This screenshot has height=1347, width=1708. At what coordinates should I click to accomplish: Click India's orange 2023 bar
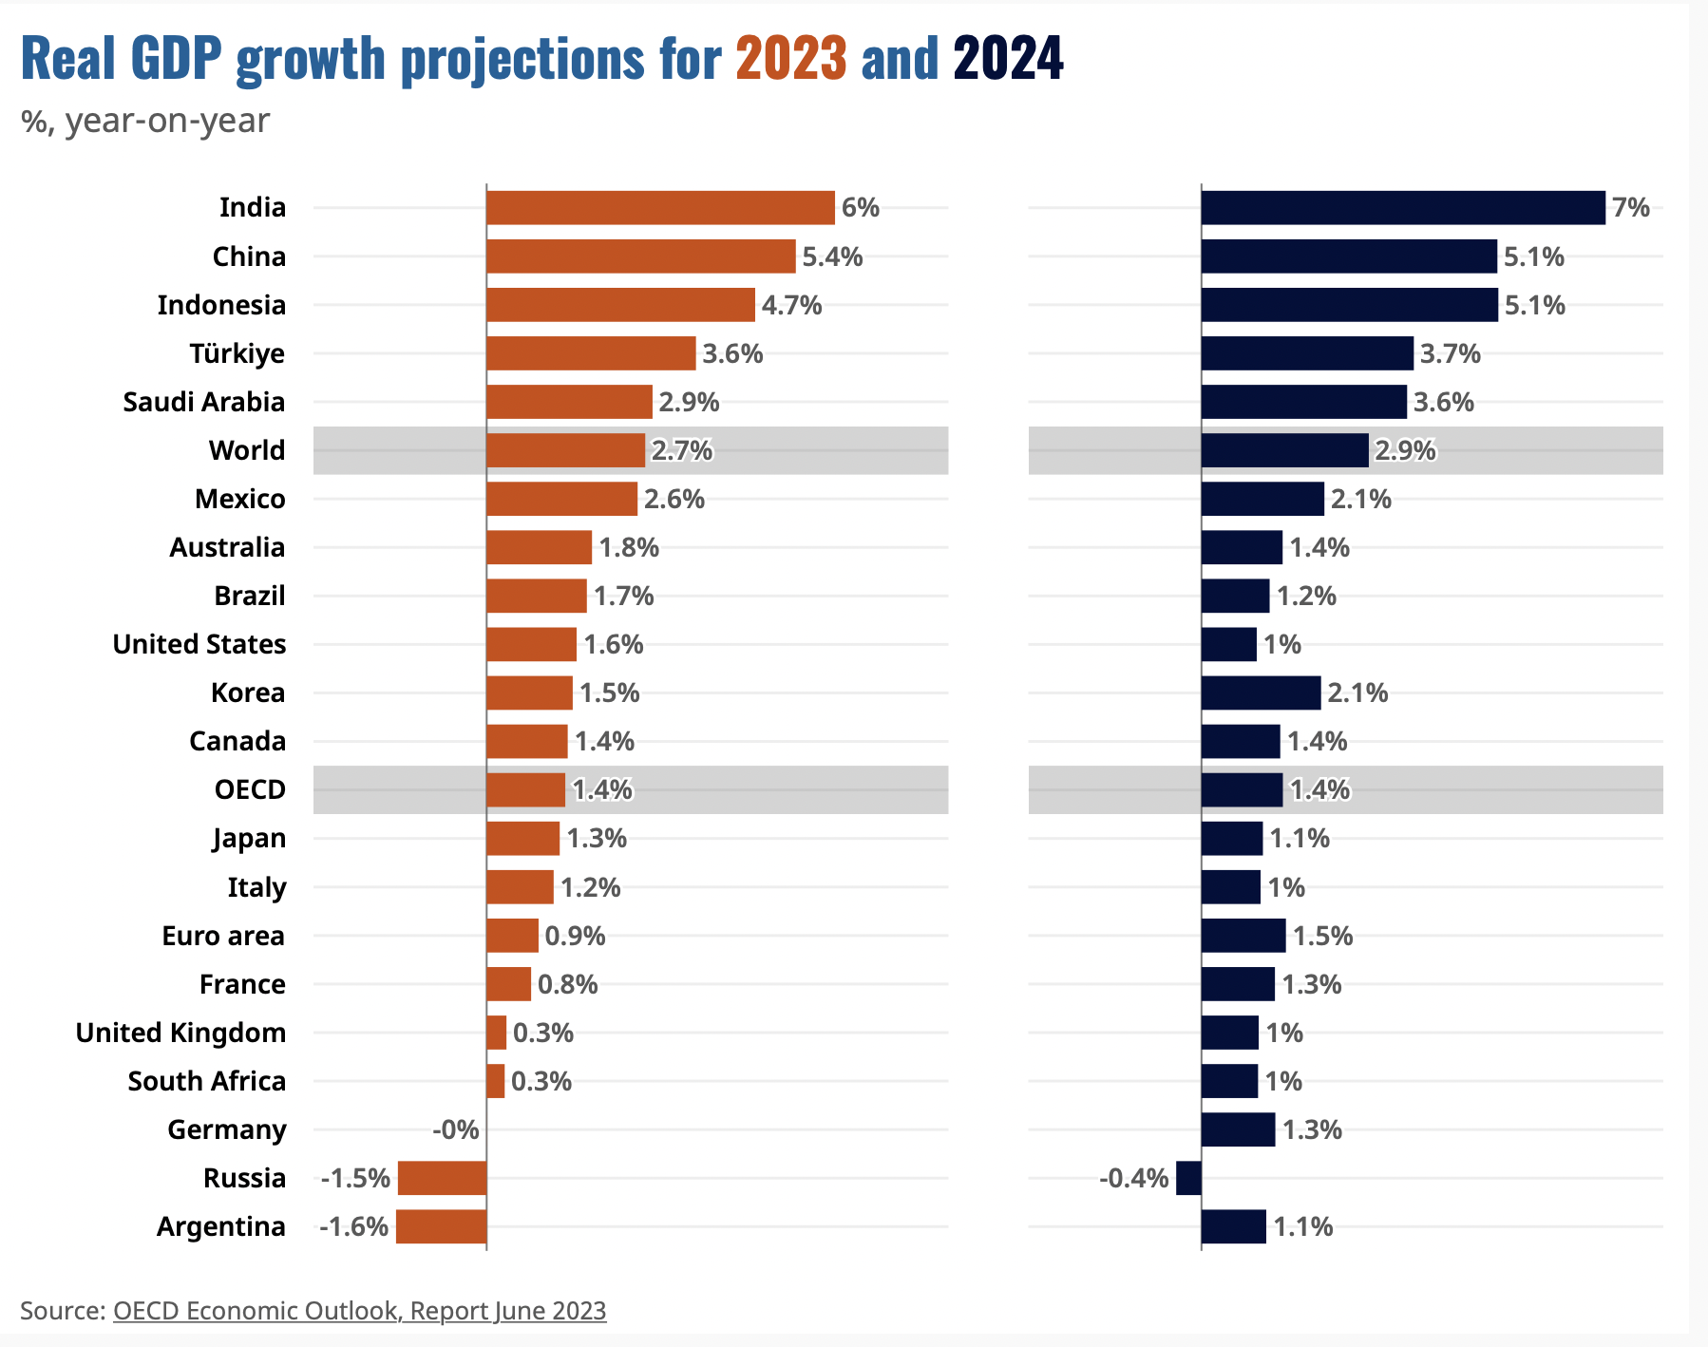pyautogui.click(x=660, y=207)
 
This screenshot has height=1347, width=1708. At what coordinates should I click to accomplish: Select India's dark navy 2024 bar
pyautogui.click(x=1403, y=207)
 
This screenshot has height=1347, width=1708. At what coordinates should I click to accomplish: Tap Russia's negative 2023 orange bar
pyautogui.click(x=442, y=1178)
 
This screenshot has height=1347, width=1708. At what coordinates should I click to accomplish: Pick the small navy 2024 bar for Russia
pyautogui.click(x=1188, y=1178)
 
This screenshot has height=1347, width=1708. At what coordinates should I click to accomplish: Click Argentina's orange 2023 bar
pyautogui.click(x=441, y=1226)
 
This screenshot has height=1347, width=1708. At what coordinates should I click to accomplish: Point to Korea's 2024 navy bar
pyautogui.click(x=1261, y=692)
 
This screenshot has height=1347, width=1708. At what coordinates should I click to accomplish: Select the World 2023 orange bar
pyautogui.click(x=565, y=450)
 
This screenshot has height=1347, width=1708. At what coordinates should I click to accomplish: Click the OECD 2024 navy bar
pyautogui.click(x=1242, y=789)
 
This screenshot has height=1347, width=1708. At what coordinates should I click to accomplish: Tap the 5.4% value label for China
pyautogui.click(x=832, y=256)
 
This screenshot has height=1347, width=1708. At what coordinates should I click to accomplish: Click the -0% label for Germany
pyautogui.click(x=456, y=1129)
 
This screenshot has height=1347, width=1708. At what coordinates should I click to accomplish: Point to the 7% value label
pyautogui.click(x=1631, y=207)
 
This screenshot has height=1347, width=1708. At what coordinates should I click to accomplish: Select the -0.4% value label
pyautogui.click(x=1134, y=1178)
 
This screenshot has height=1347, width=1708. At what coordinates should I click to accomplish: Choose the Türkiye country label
pyautogui.click(x=237, y=353)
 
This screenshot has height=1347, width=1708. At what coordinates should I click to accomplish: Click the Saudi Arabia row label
pyautogui.click(x=203, y=402)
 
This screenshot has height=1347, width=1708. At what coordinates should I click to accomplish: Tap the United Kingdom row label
pyautogui.click(x=180, y=1033)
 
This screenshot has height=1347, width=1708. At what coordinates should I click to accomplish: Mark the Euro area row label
pyautogui.click(x=223, y=936)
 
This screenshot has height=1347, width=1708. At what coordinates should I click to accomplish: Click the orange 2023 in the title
pyautogui.click(x=791, y=59)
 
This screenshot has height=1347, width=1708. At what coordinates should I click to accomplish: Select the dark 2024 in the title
pyautogui.click(x=1008, y=59)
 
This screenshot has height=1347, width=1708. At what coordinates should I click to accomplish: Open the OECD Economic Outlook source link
pyautogui.click(x=359, y=1311)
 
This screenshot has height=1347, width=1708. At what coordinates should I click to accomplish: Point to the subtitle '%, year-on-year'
pyautogui.click(x=145, y=121)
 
